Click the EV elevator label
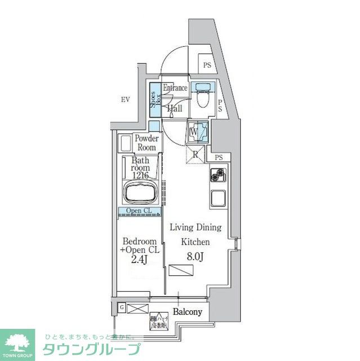[125, 100]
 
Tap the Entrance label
[175, 88]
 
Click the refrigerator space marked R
[195, 154]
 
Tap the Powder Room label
[146, 143]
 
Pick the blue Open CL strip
[139, 212]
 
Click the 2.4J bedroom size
[140, 259]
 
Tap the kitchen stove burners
[218, 178]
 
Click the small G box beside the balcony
[122, 307]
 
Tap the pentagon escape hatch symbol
[159, 321]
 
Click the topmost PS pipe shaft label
[207, 65]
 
